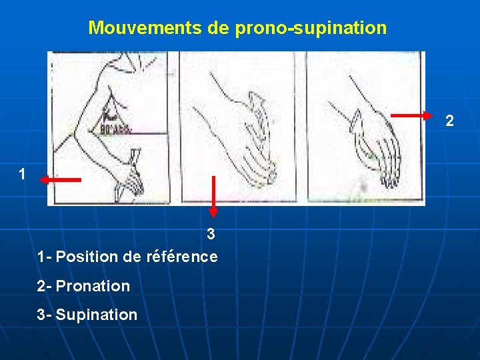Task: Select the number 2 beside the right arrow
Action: (x=450, y=121)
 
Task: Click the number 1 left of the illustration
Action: (x=23, y=175)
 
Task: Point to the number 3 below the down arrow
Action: (x=211, y=234)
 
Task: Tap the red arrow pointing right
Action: (x=411, y=115)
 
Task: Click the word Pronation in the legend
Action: (x=93, y=286)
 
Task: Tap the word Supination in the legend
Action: (x=97, y=315)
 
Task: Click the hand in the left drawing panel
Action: (x=130, y=170)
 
